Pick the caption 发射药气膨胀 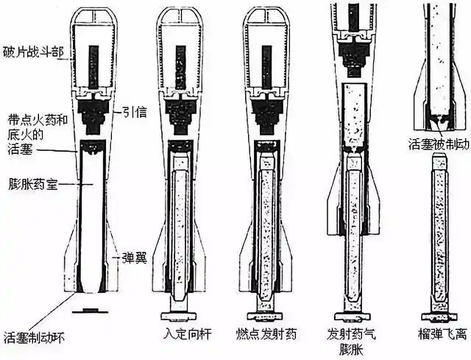coord(352,341)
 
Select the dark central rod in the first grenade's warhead coord(93,63)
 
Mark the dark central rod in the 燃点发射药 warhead coord(266,63)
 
